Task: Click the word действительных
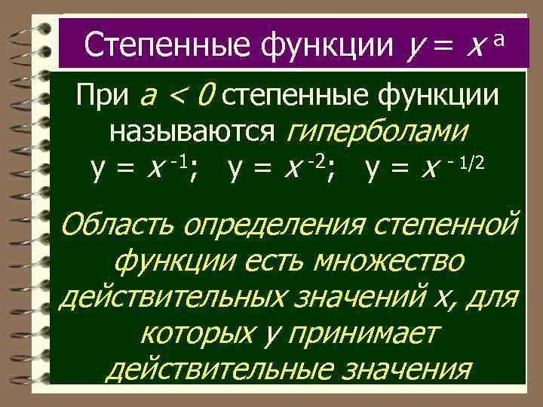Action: click(x=173, y=298)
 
